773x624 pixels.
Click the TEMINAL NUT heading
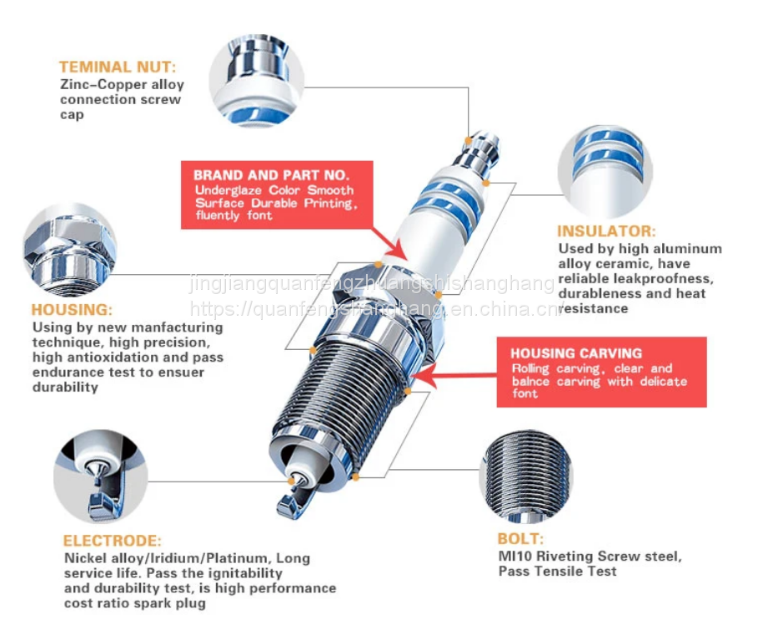[118, 67]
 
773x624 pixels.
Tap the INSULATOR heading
[606, 231]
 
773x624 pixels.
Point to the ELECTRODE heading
[113, 541]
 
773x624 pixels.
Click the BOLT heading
[520, 539]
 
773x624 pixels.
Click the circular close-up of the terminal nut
[256, 80]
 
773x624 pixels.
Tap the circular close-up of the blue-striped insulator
[605, 171]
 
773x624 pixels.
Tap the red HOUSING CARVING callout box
[600, 372]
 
